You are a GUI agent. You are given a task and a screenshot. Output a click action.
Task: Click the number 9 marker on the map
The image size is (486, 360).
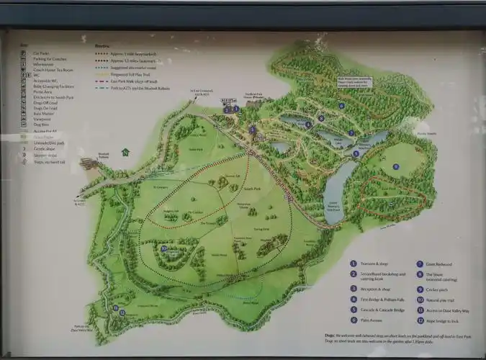(395, 166)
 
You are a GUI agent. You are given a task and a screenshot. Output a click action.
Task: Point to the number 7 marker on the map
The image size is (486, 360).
(351, 132)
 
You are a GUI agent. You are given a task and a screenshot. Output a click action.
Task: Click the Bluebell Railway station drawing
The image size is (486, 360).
(89, 163)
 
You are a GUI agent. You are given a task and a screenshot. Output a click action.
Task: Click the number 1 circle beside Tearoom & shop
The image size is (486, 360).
(354, 264)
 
